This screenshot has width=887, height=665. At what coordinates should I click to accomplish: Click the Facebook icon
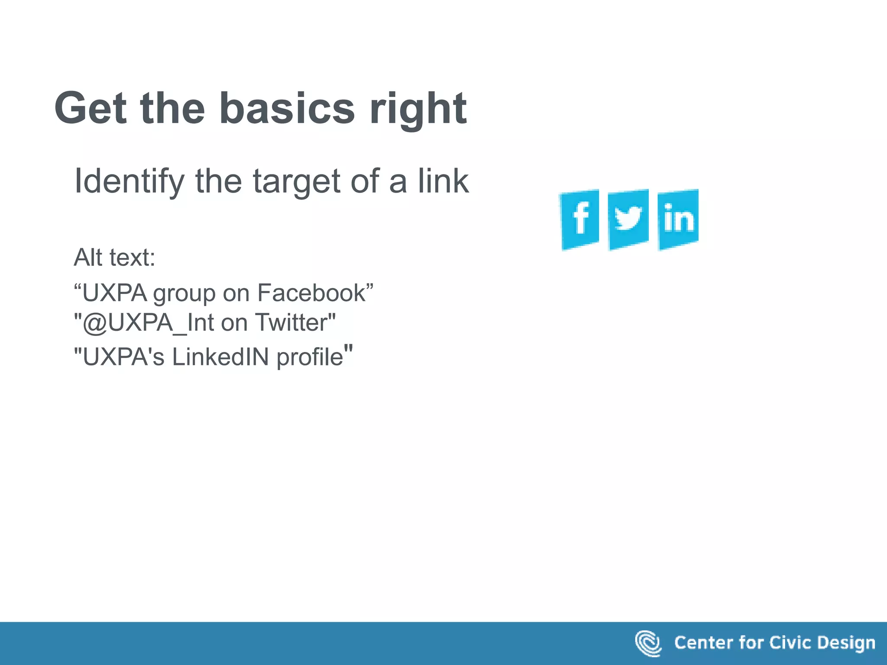click(x=580, y=220)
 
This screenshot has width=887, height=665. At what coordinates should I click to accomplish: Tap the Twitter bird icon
click(x=628, y=220)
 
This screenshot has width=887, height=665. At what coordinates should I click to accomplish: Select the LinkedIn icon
click(x=678, y=220)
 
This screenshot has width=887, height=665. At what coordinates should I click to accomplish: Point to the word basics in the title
click(x=287, y=108)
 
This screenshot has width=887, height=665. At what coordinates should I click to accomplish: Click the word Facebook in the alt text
click(x=312, y=293)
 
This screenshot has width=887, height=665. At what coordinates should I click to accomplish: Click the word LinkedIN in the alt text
click(x=221, y=357)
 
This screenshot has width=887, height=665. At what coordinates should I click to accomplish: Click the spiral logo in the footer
click(x=648, y=643)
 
